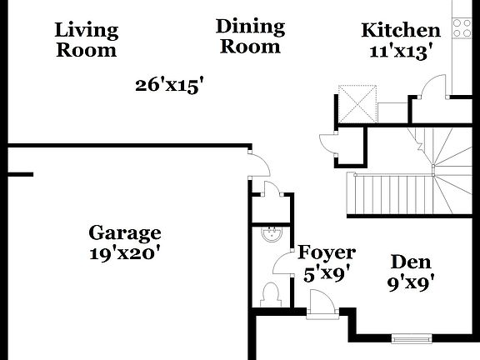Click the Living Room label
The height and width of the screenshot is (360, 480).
coord(87,40)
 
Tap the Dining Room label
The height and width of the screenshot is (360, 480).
coord(249,37)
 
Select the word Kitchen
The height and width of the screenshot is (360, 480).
coord(400,31)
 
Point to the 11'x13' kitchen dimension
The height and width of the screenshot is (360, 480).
coord(400,50)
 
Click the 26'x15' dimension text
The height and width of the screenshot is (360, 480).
coord(170,84)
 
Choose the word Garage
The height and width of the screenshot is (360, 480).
coord(125,233)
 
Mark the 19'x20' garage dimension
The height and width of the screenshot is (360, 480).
coord(125,253)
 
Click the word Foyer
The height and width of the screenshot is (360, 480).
coord(327,252)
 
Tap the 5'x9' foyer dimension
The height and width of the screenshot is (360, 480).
coord(327,272)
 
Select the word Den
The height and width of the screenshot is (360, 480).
coord(410,262)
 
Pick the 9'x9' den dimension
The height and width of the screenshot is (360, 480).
coord(410,282)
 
